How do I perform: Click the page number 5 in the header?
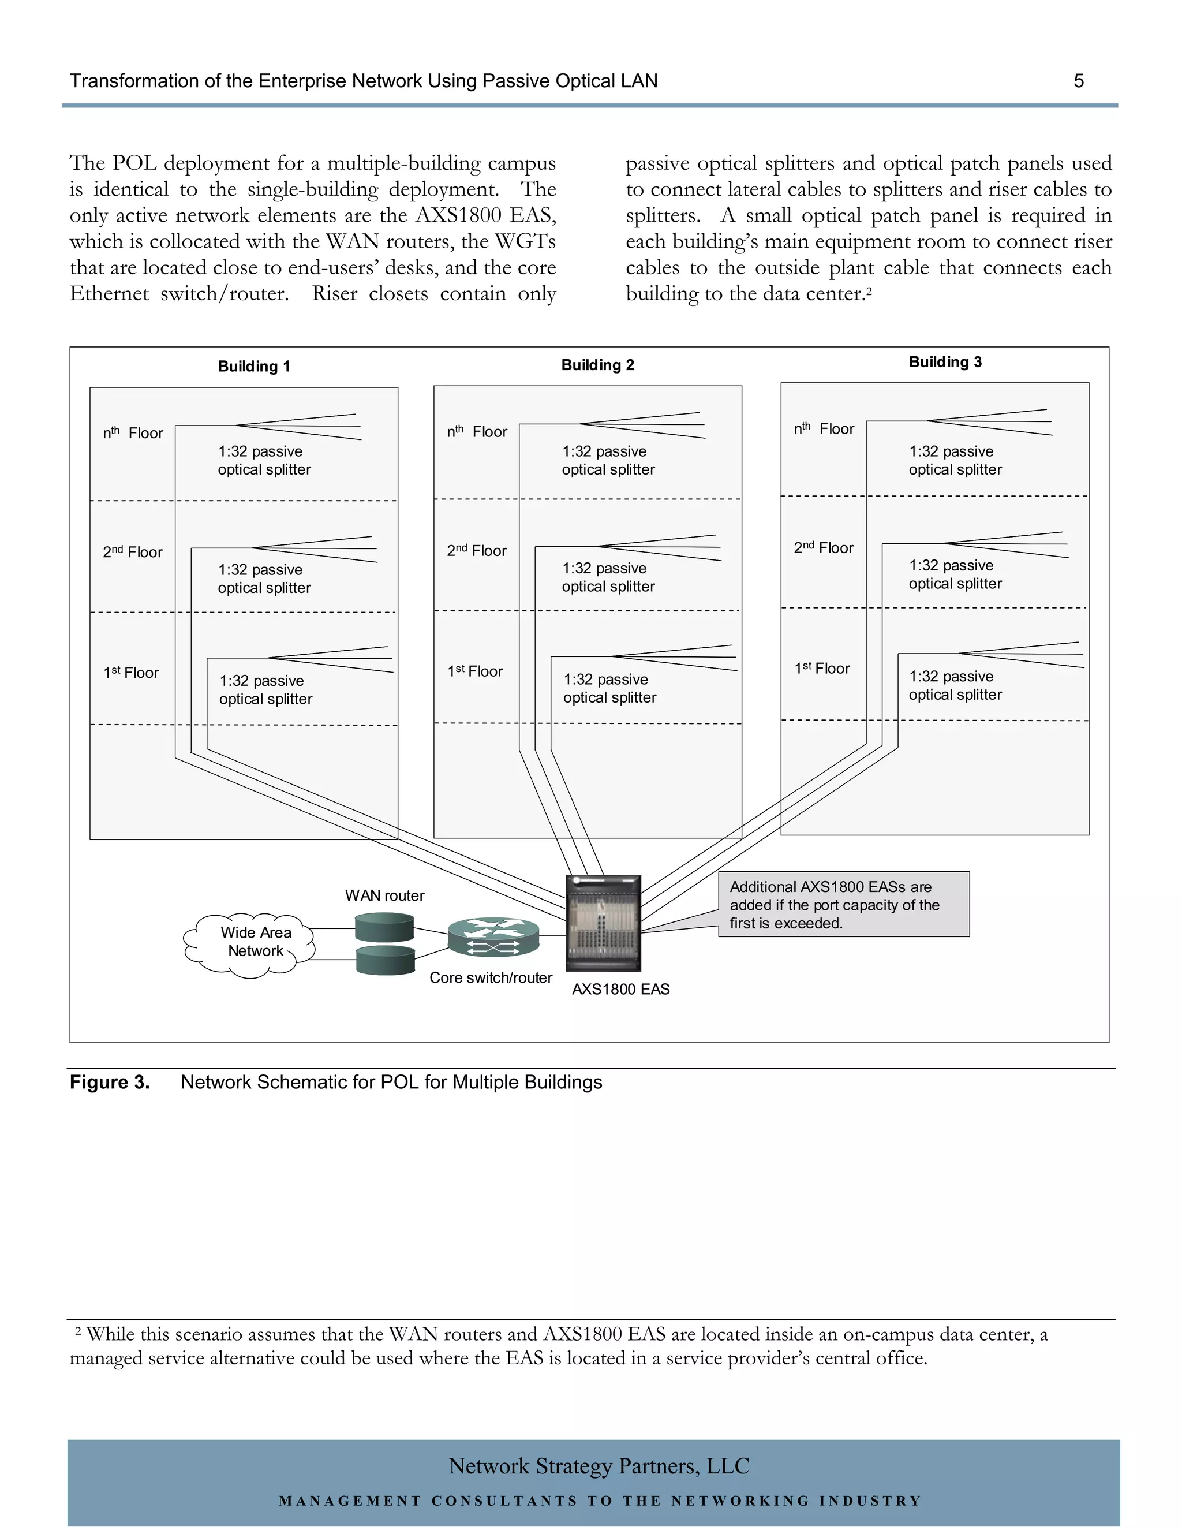coord(1078,81)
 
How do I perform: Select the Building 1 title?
coord(253,367)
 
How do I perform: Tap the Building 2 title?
coord(597,365)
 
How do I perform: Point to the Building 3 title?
coord(945,362)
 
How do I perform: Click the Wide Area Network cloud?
coord(250,943)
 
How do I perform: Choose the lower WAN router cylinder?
coord(384,960)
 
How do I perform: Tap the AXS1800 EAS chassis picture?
coord(604,923)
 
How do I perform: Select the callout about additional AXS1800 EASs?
coord(843,904)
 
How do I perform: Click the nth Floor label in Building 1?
coord(133,433)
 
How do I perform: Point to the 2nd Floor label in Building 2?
coord(476,551)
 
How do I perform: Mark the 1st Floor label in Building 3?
coord(821,669)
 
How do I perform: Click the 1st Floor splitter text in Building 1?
coord(265,690)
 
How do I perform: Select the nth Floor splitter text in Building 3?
coord(955,460)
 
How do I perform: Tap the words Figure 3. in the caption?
coord(109,1083)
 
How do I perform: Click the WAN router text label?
coord(384,895)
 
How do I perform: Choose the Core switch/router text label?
coord(491,978)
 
